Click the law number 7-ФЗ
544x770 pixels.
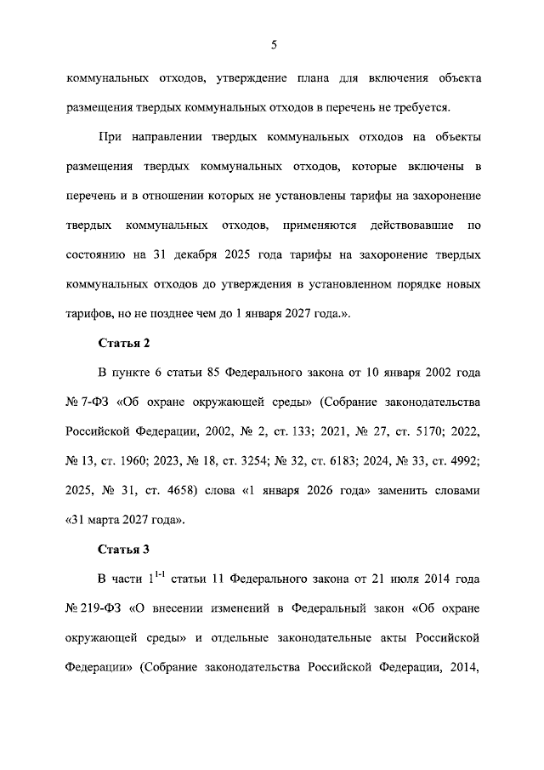pyautogui.click(x=93, y=402)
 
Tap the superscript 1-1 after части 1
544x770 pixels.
pyautogui.click(x=158, y=576)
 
